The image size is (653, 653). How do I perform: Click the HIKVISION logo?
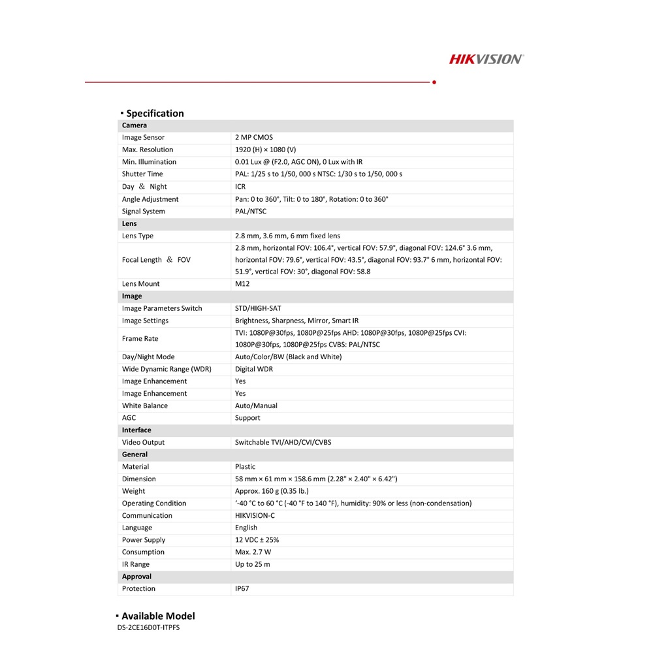(486, 59)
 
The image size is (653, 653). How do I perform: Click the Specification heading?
(155, 113)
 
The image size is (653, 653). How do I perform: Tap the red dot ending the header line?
(434, 83)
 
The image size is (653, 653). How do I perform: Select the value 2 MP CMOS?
(254, 138)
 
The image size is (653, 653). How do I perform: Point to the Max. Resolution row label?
(148, 150)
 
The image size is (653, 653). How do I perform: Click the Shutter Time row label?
(142, 174)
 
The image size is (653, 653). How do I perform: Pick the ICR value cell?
(240, 187)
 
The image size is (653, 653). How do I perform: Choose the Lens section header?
(129, 223)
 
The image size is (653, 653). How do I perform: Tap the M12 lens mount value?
(242, 284)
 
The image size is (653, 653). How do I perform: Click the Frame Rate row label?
(140, 339)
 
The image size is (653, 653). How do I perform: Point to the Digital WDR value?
(254, 369)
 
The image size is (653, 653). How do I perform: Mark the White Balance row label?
(144, 406)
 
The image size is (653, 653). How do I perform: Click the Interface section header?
(136, 430)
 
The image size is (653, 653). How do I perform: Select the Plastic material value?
(246, 467)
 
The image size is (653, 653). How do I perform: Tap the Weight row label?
(133, 491)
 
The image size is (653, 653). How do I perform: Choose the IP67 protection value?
(242, 589)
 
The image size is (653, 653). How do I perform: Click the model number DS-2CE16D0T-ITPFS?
(148, 628)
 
